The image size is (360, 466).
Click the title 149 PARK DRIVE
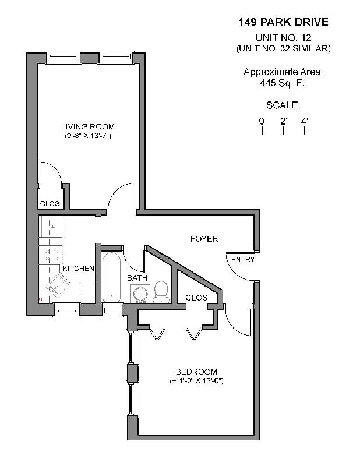click(283, 23)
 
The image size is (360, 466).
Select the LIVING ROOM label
click(88, 127)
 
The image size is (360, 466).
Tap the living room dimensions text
click(88, 136)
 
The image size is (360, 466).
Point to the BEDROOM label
click(196, 372)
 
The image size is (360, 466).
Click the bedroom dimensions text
click(197, 381)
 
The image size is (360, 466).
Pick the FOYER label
click(204, 239)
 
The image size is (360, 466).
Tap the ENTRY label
click(242, 260)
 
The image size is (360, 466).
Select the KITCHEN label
click(79, 269)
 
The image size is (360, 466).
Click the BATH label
click(137, 278)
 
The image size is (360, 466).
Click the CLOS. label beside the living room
click(50, 204)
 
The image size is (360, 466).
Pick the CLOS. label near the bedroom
click(197, 298)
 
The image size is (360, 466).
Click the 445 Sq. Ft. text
click(283, 83)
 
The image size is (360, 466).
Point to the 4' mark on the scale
click(304, 121)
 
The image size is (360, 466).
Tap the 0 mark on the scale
click(262, 121)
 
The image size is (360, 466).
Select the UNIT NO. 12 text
click(283, 38)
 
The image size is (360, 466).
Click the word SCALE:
click(283, 105)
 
